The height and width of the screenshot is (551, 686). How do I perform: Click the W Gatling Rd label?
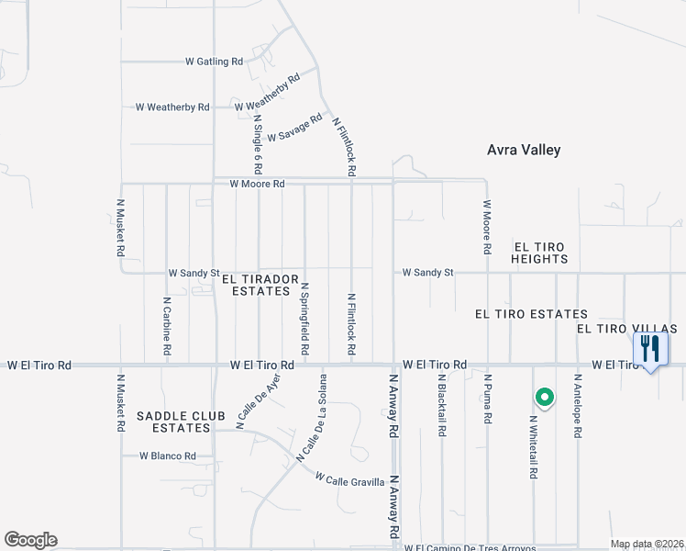(x=214, y=62)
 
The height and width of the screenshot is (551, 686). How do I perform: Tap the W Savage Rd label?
(x=294, y=129)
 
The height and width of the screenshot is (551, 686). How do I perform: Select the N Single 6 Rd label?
(x=258, y=144)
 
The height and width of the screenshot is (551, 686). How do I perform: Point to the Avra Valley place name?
(x=523, y=150)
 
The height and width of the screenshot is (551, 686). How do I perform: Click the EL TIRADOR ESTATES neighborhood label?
(x=260, y=285)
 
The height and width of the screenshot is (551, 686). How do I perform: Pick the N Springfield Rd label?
(x=304, y=319)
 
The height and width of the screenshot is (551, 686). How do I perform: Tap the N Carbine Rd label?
(x=167, y=325)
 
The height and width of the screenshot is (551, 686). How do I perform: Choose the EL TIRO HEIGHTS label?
(x=540, y=253)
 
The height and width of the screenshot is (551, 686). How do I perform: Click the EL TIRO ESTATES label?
(x=531, y=314)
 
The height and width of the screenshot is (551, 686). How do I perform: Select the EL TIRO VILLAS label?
(x=626, y=329)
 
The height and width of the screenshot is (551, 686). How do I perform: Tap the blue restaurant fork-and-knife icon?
(x=651, y=349)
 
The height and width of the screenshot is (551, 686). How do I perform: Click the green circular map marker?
(x=544, y=398)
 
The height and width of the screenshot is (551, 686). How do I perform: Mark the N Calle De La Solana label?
(x=313, y=417)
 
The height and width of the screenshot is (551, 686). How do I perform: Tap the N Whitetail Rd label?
(x=533, y=446)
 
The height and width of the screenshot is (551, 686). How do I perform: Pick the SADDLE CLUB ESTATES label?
(x=181, y=422)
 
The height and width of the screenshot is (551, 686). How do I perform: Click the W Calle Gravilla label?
(x=349, y=478)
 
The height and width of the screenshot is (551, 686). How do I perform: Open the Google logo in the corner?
(x=30, y=540)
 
